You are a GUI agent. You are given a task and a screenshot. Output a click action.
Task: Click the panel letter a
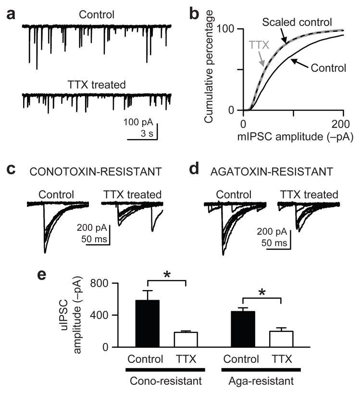coord(11,15)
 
